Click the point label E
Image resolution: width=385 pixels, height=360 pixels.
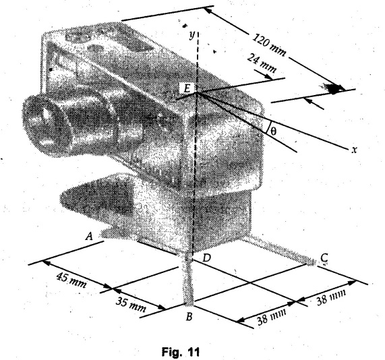pos(187,88)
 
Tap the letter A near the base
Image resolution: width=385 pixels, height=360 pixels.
pos(89,236)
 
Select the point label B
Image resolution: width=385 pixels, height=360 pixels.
pos(189,317)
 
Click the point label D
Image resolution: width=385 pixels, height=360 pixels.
pos(207,258)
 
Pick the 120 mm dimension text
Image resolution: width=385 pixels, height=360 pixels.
pos(269,45)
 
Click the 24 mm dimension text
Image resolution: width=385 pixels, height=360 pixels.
pos(262,63)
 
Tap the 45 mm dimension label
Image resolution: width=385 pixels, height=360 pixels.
pos(71,280)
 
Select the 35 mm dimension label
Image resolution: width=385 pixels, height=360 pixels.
pos(130,305)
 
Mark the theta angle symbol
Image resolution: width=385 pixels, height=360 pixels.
pos(273,131)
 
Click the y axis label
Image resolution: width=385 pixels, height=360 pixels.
pos(191,35)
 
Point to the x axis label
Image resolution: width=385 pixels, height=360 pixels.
pos(354,150)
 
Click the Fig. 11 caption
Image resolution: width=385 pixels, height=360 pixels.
pos(181,352)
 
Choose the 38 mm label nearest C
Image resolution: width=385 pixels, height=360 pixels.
pos(331,297)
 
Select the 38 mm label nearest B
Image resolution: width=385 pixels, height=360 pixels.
pos(271,317)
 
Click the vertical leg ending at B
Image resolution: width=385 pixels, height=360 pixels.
pos(189,280)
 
